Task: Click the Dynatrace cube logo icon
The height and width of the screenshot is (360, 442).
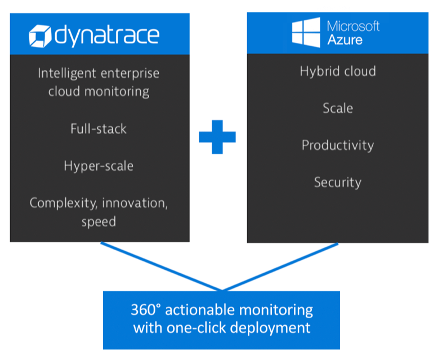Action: [41, 35]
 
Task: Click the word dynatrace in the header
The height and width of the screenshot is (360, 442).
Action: [107, 35]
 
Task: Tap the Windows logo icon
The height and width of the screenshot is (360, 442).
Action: [305, 33]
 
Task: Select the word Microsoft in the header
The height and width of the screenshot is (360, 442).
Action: [353, 26]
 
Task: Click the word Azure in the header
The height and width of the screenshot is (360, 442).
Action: [345, 41]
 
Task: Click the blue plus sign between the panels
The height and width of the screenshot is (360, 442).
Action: [217, 136]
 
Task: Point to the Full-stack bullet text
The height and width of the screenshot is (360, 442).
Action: [99, 128]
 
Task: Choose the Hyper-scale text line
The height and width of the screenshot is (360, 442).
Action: [99, 166]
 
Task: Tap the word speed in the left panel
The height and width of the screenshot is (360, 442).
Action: [99, 221]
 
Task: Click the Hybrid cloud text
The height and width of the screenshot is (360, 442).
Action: [338, 72]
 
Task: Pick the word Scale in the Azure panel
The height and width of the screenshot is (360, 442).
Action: [338, 108]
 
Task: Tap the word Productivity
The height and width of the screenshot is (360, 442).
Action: [338, 145]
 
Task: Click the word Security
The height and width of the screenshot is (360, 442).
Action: [338, 182]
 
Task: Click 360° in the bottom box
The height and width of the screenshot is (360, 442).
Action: [147, 310]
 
